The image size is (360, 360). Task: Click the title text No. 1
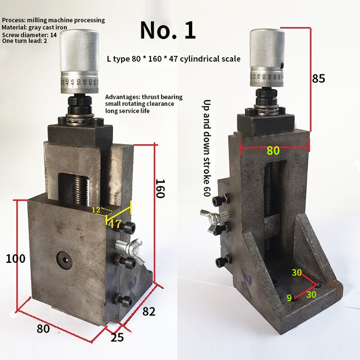(168, 30)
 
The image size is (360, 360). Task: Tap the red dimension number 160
(161, 189)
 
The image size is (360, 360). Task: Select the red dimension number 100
(15, 259)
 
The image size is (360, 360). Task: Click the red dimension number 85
(318, 78)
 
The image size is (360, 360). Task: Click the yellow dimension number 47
(115, 224)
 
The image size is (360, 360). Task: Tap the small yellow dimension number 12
(95, 210)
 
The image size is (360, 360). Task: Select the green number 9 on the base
(290, 297)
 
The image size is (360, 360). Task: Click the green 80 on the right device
(273, 150)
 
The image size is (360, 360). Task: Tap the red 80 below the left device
(43, 329)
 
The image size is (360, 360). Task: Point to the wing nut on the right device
(216, 224)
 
